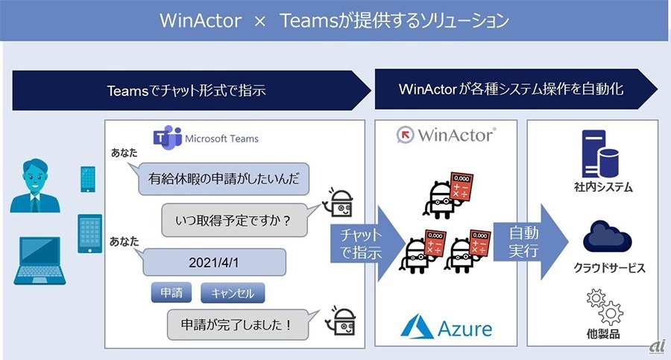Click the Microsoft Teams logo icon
(167, 137)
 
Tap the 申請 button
(171, 293)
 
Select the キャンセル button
(233, 293)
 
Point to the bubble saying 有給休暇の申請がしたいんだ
(223, 179)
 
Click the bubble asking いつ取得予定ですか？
(235, 220)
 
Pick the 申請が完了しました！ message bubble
(238, 324)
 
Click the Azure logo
(447, 327)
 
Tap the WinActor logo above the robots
(447, 135)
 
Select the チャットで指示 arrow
(367, 244)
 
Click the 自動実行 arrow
(531, 241)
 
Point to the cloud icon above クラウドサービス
(607, 236)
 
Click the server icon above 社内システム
(600, 154)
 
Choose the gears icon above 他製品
(605, 307)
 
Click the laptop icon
(40, 261)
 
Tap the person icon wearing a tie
(35, 186)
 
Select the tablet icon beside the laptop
(90, 234)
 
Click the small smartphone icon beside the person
(88, 179)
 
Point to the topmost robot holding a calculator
(447, 195)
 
